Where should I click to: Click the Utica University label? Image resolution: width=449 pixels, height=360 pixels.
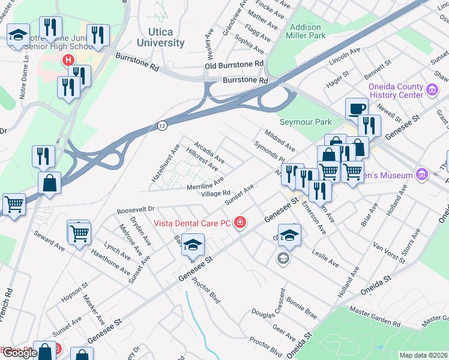click(x=160, y=37)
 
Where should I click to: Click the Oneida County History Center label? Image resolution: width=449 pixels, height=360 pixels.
click(x=396, y=91)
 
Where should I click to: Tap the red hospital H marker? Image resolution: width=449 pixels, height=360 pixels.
click(x=68, y=60)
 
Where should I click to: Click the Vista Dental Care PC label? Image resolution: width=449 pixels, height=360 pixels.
click(x=192, y=223)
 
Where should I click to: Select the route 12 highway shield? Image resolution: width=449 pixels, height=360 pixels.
click(x=163, y=125)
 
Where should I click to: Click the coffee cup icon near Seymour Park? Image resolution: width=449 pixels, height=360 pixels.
click(x=357, y=109)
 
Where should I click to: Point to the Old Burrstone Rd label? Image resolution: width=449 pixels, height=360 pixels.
click(x=234, y=64)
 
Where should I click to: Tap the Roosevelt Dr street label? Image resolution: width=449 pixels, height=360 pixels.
click(x=136, y=211)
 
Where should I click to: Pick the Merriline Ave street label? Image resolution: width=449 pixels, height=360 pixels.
click(x=205, y=184)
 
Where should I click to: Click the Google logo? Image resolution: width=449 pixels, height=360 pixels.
click(x=19, y=353)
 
